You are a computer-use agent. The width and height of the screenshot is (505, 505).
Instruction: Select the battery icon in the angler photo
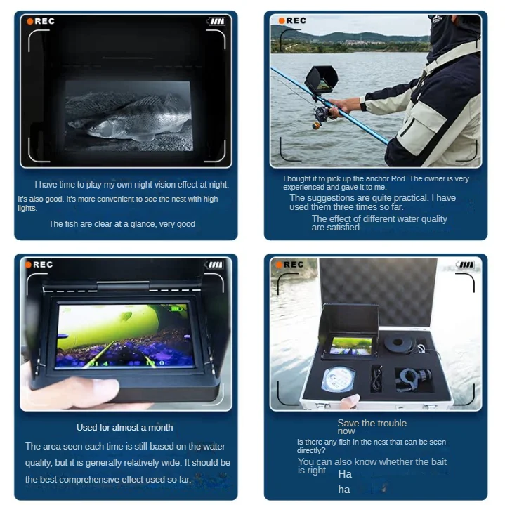[x=469, y=20]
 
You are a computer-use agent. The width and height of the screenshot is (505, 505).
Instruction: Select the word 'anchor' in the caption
[x=369, y=179]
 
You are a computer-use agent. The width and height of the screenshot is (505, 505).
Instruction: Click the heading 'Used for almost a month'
[x=124, y=427]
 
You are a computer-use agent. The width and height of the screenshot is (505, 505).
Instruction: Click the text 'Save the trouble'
[x=372, y=423]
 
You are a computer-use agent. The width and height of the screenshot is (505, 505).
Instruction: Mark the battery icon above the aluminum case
[x=466, y=265]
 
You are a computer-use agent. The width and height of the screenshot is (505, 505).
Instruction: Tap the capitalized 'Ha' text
[x=344, y=474]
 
